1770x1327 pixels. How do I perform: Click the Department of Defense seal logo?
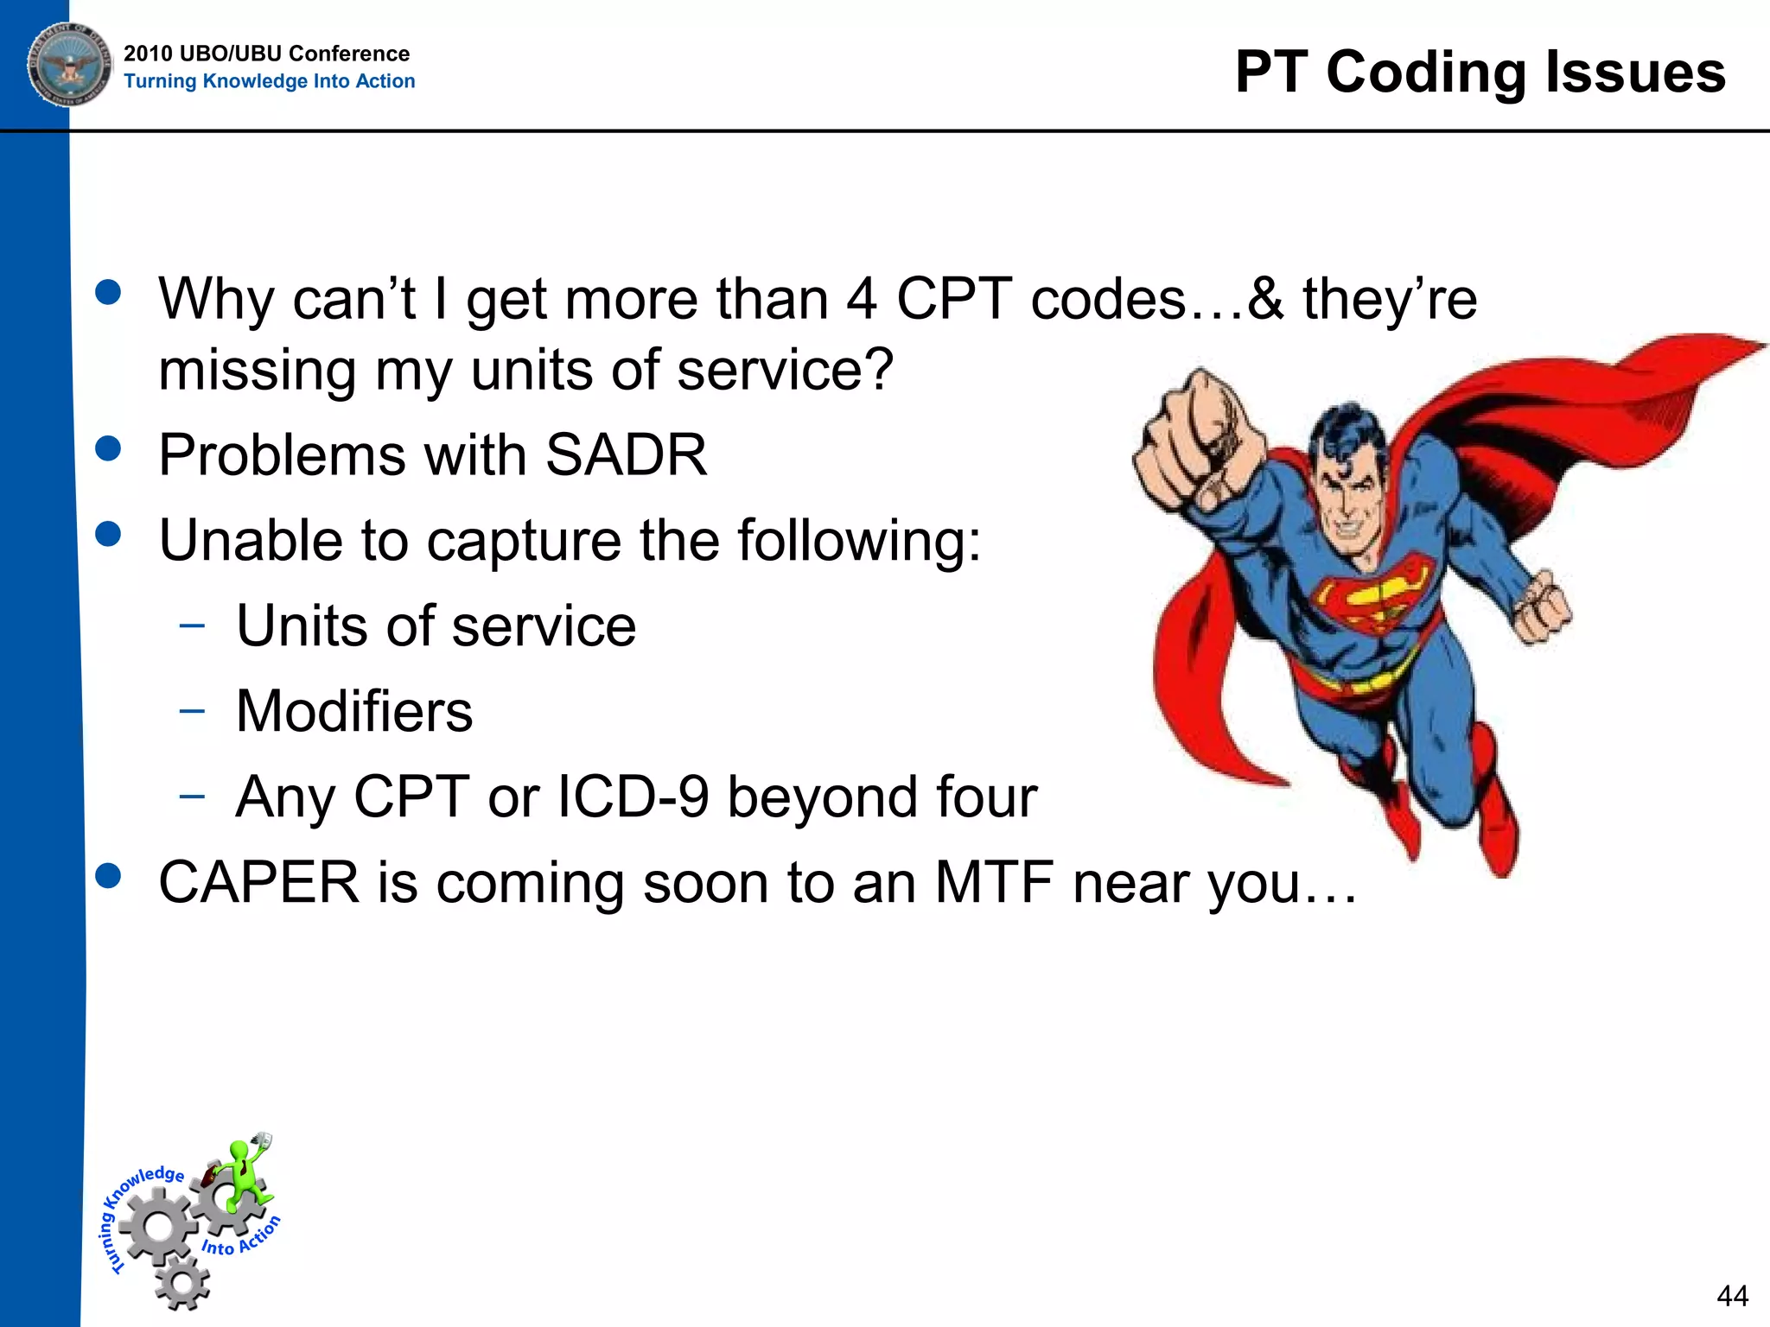tap(69, 65)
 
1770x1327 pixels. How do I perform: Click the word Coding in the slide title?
tap(1426, 73)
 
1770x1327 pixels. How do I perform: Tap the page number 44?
tap(1732, 1296)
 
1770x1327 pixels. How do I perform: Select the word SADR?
tap(626, 455)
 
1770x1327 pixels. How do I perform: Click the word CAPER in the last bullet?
tap(258, 883)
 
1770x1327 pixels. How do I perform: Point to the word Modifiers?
tap(354, 712)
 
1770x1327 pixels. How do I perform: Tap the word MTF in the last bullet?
tap(994, 883)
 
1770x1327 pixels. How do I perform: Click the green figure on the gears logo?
tap(246, 1175)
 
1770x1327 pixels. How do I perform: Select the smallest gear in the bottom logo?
tap(183, 1283)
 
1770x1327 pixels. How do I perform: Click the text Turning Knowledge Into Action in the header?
tap(269, 81)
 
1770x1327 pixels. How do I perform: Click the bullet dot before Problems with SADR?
tap(108, 448)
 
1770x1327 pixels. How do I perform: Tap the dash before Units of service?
tap(192, 625)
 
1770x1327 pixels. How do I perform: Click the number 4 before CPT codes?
tap(862, 300)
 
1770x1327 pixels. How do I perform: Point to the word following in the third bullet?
tap(859, 541)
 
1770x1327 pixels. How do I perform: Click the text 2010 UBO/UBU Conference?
tap(266, 54)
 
